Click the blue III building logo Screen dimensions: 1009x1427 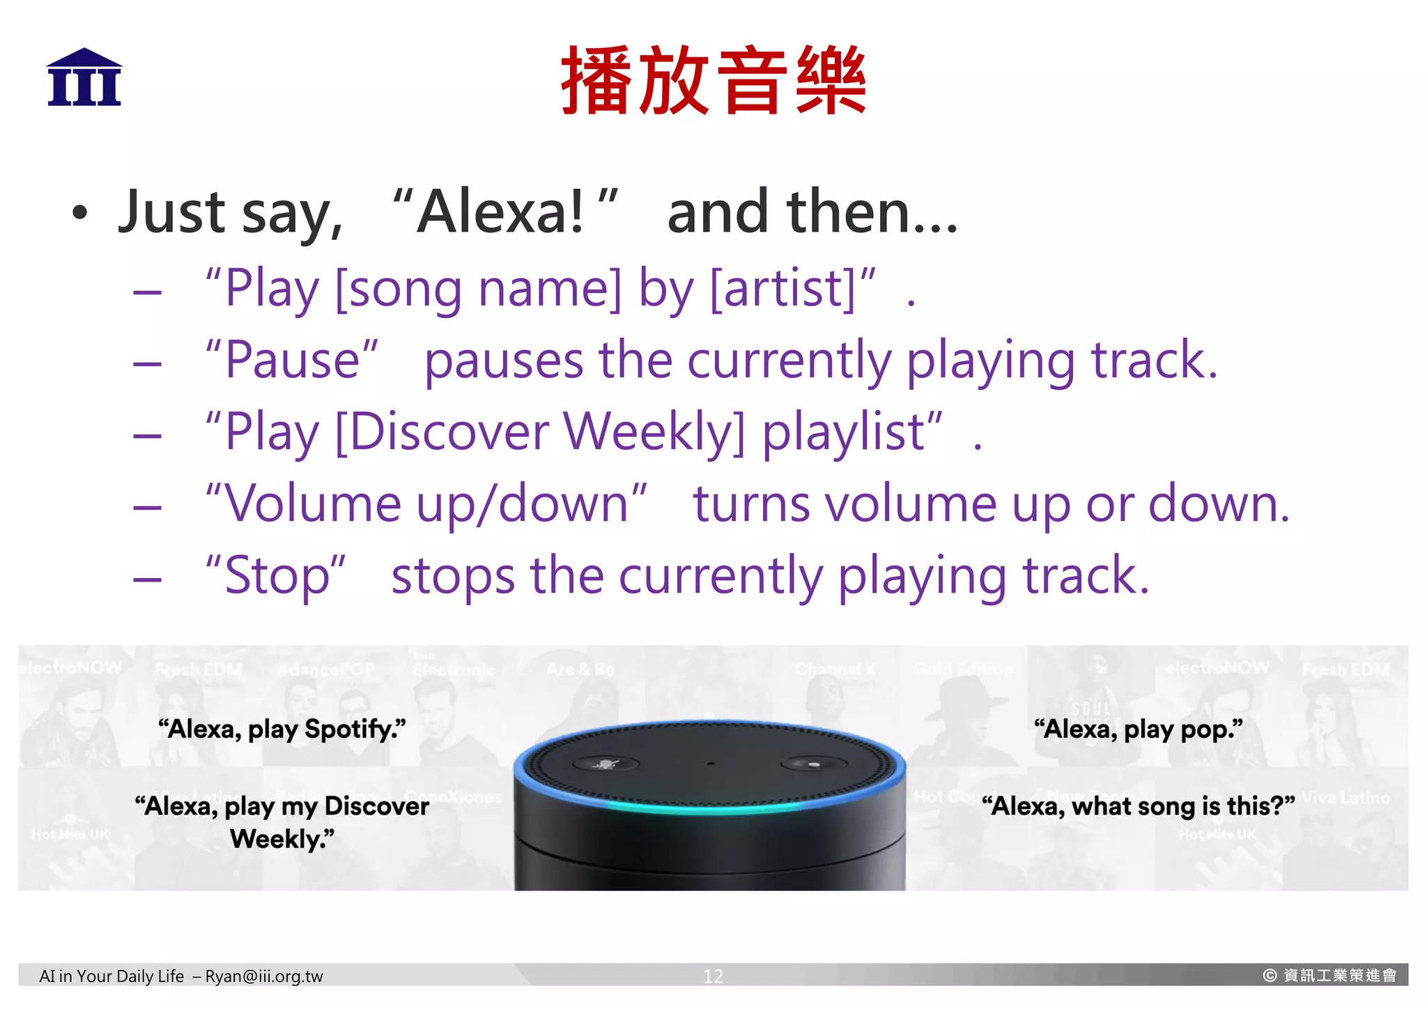[x=84, y=77]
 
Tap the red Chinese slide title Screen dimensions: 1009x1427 [x=713, y=80]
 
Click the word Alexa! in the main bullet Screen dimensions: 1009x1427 [x=500, y=212]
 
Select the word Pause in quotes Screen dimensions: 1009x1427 [x=293, y=361]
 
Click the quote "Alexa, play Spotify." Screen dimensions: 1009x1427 [x=282, y=729]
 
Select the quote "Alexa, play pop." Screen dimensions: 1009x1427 [x=1139, y=729]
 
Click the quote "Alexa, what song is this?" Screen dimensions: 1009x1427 [x=1139, y=806]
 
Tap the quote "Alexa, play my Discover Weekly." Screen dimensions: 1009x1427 [x=282, y=822]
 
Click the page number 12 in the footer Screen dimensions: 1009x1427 [x=713, y=976]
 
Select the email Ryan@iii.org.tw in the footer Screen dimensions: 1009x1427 [x=264, y=976]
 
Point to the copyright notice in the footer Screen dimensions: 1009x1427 [x=1329, y=976]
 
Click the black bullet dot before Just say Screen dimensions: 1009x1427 [x=80, y=213]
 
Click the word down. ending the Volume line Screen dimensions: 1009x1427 [x=1219, y=503]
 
